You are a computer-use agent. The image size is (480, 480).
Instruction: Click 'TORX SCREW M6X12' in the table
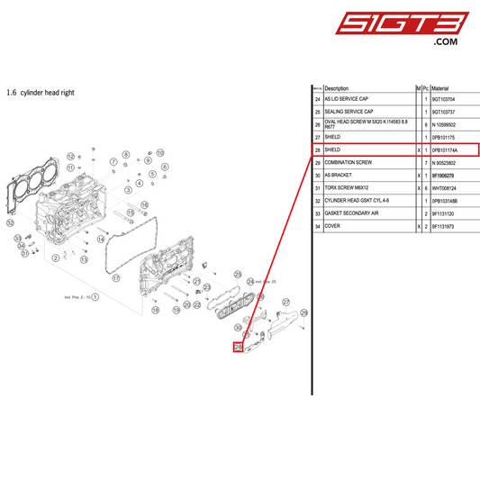tap(347, 187)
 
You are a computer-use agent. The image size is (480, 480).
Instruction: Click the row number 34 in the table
tap(317, 225)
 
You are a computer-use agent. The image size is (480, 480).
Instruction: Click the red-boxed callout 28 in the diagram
tap(239, 346)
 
